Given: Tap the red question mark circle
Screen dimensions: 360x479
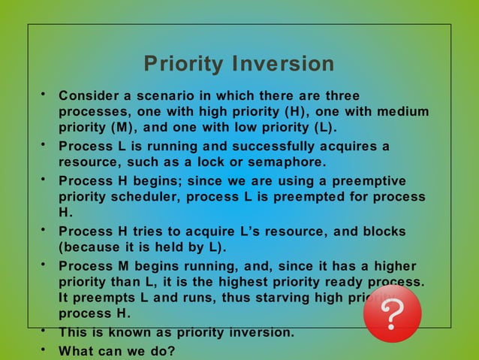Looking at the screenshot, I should [392, 313].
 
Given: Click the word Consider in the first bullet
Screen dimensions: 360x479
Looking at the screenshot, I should [88, 96].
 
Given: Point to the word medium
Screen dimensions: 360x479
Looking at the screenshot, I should [402, 111].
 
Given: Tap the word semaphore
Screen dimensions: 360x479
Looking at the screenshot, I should [289, 162].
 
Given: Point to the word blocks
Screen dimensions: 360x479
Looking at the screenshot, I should [380, 231].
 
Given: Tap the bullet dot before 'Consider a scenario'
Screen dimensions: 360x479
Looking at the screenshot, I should [44, 94].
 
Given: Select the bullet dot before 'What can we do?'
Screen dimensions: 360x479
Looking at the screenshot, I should [44, 349].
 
